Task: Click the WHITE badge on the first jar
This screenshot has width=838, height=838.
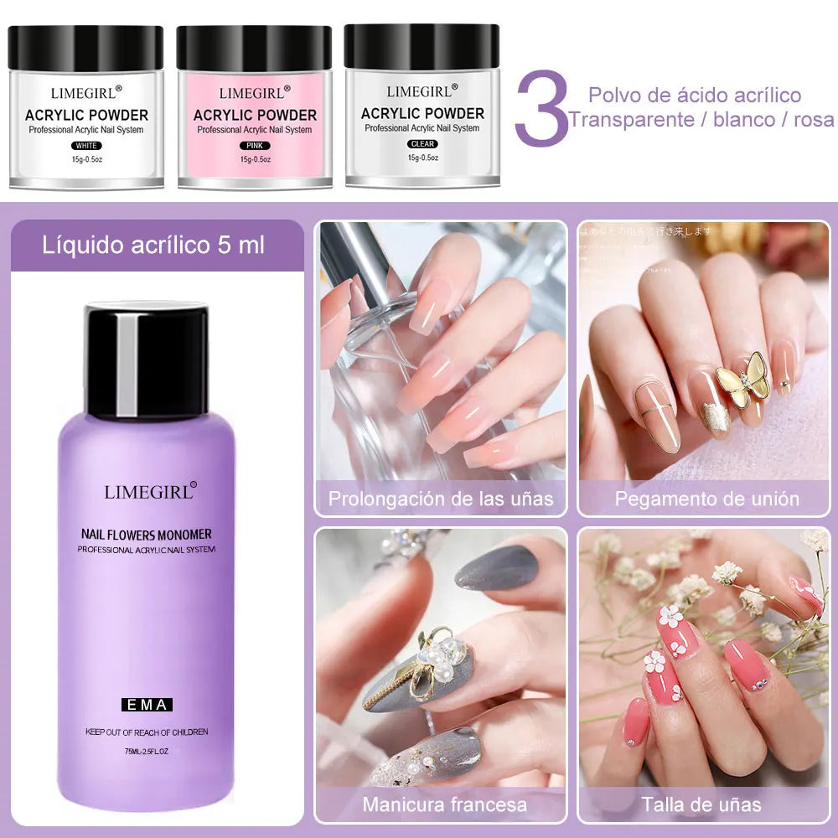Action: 86,146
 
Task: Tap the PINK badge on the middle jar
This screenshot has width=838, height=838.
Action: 254,146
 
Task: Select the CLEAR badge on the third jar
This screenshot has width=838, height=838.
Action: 422,144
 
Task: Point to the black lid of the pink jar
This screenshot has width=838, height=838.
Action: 254,48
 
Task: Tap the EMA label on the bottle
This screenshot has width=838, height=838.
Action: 146,705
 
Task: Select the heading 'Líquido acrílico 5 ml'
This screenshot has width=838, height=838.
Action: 153,246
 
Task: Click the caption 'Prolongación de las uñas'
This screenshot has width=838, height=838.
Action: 441,499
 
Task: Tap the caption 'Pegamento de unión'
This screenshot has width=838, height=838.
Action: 706,499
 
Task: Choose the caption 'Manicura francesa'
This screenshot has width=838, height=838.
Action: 444,805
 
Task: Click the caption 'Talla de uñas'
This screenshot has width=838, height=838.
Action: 701,805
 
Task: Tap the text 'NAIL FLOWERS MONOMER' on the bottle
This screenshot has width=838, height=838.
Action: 147,534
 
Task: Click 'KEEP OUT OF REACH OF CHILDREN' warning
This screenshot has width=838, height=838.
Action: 147,732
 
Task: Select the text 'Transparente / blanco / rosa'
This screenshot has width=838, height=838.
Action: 701,120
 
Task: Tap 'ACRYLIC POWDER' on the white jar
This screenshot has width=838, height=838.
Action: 86,115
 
